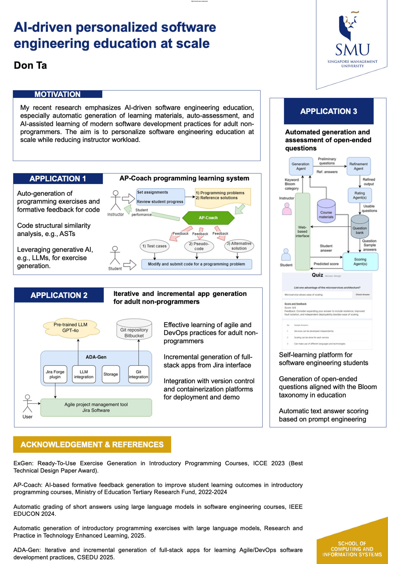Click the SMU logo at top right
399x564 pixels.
pos(352,39)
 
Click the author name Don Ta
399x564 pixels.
pos(30,65)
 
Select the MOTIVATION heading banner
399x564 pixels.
pos(58,94)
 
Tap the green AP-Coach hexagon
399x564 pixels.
pos(208,218)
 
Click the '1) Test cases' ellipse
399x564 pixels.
pos(155,246)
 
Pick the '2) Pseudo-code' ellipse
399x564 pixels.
pos(199,246)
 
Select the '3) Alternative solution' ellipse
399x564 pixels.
pos(239,246)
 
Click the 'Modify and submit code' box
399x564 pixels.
pos(197,264)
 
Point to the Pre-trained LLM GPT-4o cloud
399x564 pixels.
pos(71,328)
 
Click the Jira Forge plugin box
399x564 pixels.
pos(55,374)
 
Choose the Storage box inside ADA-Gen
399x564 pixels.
pos(111,374)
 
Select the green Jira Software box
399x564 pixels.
pos(96,407)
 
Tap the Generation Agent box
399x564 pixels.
pos(301,166)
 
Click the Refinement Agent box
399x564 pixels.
pos(358,166)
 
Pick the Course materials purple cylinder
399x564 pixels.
pos(326,211)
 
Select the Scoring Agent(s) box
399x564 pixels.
pos(360,261)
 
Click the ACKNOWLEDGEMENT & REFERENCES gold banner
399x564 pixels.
pos(92,444)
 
